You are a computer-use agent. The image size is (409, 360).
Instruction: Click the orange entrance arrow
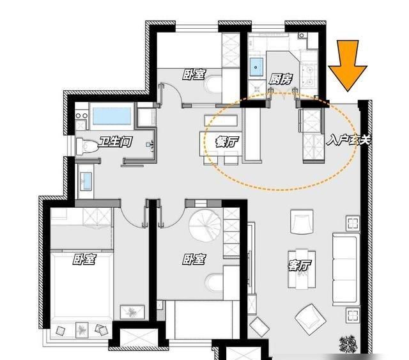coord(348,65)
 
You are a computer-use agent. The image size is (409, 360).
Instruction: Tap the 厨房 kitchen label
coord(281,79)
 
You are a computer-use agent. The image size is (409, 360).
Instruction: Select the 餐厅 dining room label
coord(227,142)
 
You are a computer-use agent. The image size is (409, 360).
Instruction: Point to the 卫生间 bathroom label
coord(115,142)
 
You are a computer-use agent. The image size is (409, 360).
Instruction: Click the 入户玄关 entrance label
coord(348,140)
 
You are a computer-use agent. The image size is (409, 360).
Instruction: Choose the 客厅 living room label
coord(300,265)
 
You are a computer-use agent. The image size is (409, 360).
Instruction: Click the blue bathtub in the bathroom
coord(112,116)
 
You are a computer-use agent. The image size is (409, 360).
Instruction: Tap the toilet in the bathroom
coord(87,146)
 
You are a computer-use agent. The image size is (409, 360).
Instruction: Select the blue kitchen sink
coord(256,67)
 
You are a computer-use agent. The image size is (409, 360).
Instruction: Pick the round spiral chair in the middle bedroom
coord(206,226)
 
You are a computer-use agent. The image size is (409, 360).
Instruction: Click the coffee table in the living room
coord(302,269)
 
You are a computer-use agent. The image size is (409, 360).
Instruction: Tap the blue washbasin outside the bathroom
coord(86,181)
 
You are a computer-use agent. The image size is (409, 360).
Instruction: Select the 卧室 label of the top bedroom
coord(194,75)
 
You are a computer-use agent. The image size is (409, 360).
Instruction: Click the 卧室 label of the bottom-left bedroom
coord(84,259)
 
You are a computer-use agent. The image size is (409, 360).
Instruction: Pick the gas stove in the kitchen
coord(309,76)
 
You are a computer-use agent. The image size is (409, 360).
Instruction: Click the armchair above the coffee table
coord(302,222)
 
